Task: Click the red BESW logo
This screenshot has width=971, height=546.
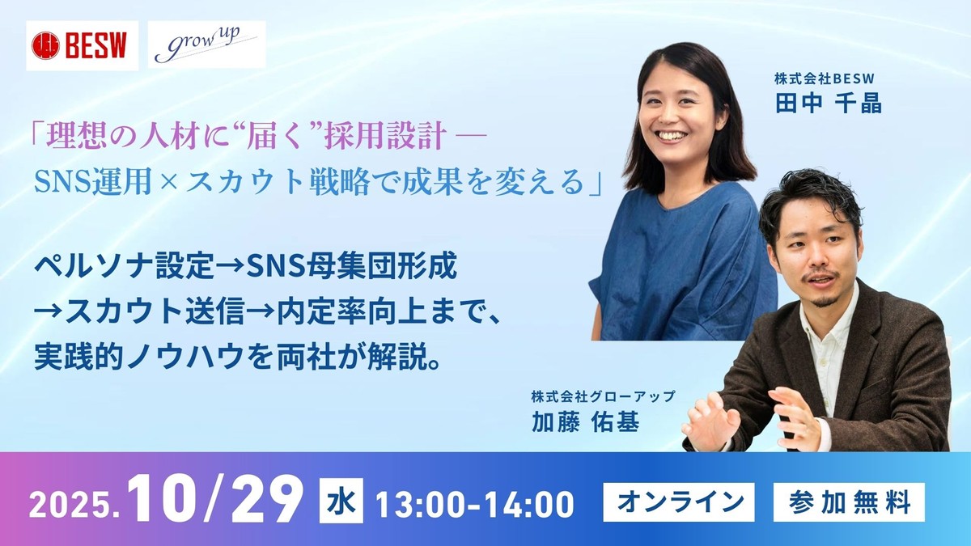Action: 81,45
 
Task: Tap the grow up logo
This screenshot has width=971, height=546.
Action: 209,45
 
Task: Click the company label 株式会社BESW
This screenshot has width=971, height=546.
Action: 825,79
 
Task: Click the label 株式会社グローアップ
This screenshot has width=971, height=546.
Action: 602,397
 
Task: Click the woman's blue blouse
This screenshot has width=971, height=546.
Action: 680,259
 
